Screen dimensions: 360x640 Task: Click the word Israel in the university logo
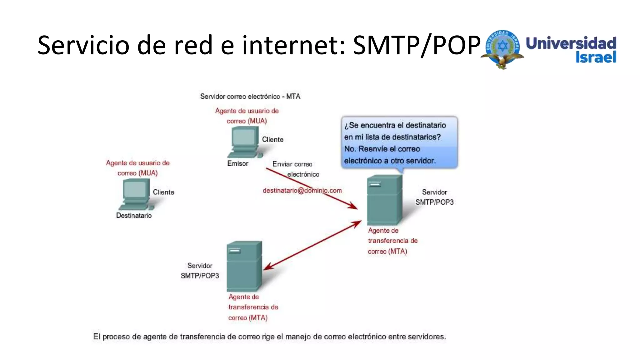[596, 57]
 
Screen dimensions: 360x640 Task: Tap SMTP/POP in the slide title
[416, 45]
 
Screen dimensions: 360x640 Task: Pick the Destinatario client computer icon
[136, 196]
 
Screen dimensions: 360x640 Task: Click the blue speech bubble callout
[399, 142]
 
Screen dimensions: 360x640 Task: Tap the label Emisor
[237, 163]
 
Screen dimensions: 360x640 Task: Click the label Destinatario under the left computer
[134, 215]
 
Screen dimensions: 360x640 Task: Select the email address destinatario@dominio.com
[302, 190]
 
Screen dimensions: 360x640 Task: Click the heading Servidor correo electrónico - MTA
[250, 97]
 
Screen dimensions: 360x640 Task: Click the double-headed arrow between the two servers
[312, 245]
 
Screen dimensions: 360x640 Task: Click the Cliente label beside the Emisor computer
[272, 140]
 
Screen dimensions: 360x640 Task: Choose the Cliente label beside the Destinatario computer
[163, 192]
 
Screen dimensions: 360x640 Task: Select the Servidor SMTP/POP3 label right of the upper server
[434, 197]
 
